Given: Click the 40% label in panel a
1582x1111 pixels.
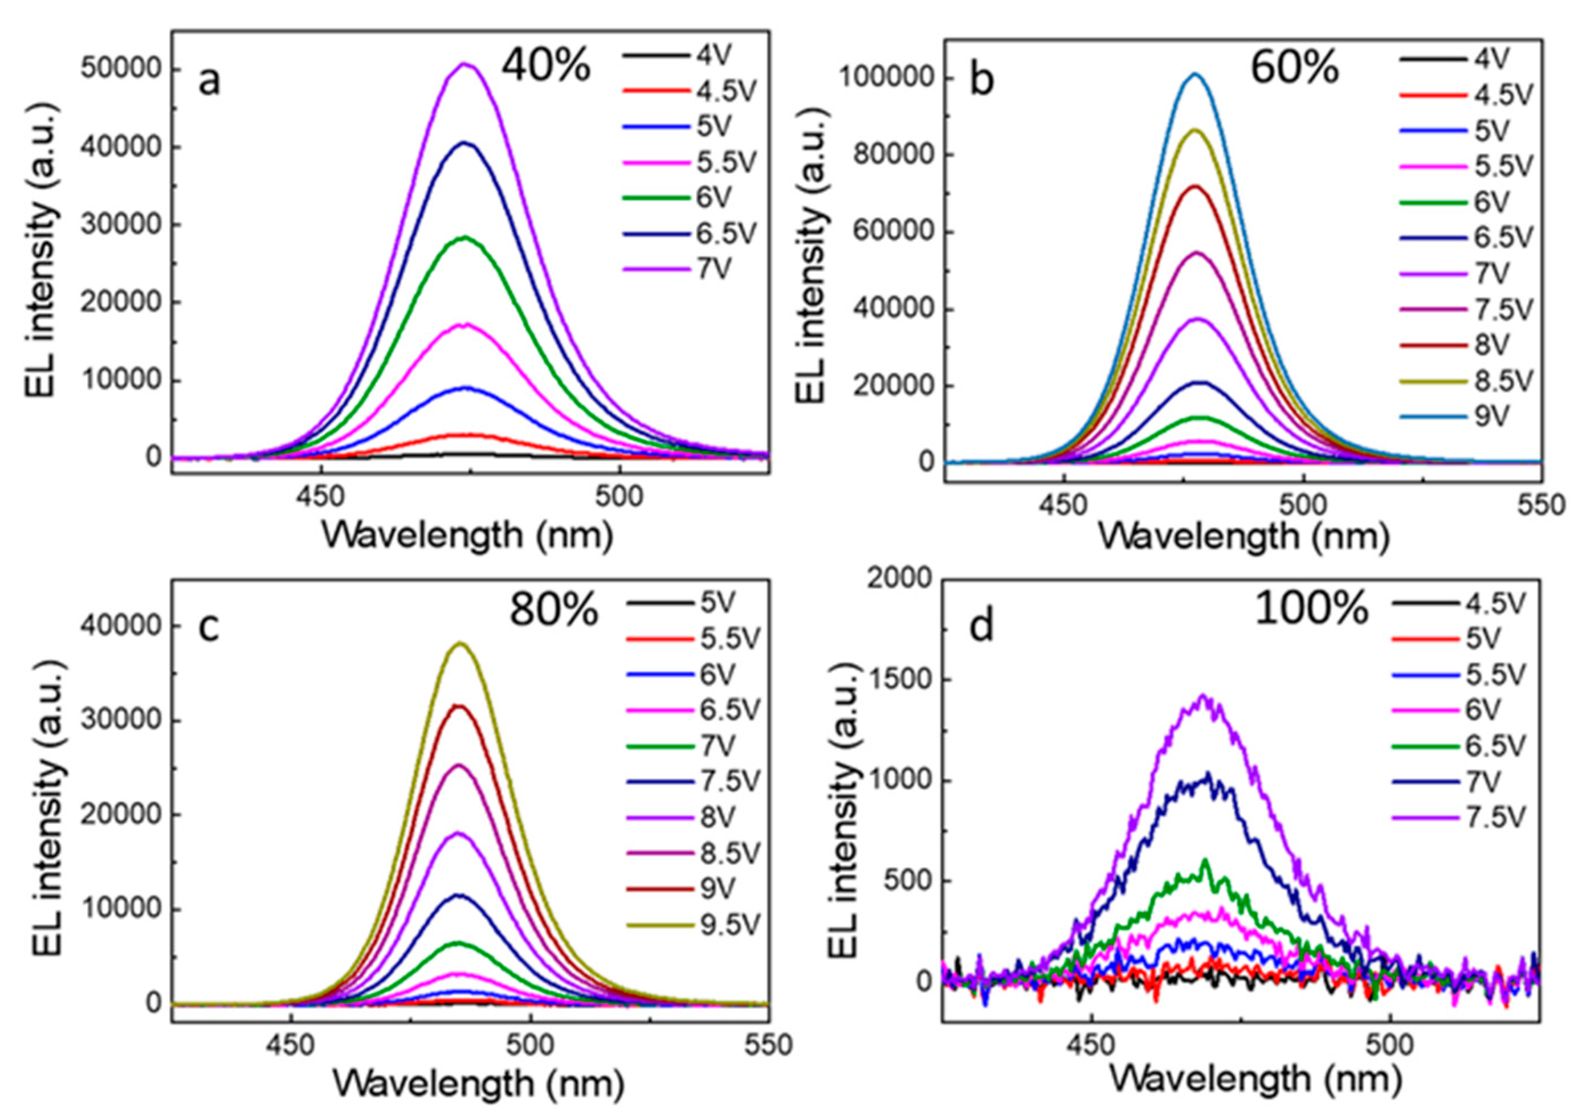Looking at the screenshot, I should click(545, 67).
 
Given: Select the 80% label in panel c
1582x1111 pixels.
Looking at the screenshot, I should click(553, 609).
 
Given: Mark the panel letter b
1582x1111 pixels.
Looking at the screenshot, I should click(981, 80).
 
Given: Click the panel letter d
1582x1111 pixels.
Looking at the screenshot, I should click(981, 627).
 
